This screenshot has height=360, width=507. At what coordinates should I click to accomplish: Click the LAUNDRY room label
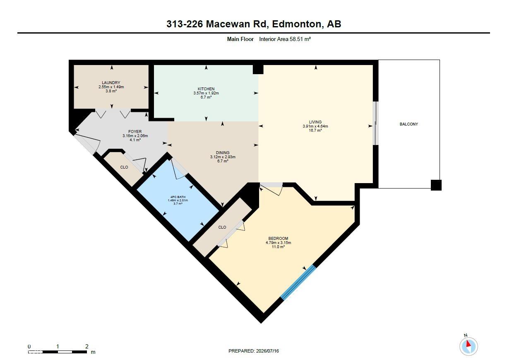pos(111,83)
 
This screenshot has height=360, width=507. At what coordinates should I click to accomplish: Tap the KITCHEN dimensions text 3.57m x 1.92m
pos(206,93)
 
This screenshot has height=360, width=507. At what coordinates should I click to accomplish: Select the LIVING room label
pos(315,122)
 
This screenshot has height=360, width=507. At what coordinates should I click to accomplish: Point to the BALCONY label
pos(409,124)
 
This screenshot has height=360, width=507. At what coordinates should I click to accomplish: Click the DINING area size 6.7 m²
pos(223,161)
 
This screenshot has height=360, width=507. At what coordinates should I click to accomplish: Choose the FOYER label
pos(135,132)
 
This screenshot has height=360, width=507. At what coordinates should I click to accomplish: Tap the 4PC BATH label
pos(178,197)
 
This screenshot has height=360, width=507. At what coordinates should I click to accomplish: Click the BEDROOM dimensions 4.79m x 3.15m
pos(278,243)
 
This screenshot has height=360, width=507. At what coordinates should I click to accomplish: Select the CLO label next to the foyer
pos(124,167)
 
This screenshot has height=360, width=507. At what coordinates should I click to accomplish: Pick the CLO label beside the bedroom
pos(222,227)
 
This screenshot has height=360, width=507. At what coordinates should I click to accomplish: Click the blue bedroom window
pos(298,283)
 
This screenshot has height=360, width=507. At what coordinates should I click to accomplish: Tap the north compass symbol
pos(469,346)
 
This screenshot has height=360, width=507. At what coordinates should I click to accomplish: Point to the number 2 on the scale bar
pos(87,346)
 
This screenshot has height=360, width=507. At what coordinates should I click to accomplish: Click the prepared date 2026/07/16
pos(267,351)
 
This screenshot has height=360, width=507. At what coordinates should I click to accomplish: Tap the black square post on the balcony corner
pos(436,185)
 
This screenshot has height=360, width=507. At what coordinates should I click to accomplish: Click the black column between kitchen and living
pos(258,69)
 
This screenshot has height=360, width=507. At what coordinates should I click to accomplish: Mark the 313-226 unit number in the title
pos(185,24)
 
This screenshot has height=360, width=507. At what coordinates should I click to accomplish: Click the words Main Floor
pos(240,39)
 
